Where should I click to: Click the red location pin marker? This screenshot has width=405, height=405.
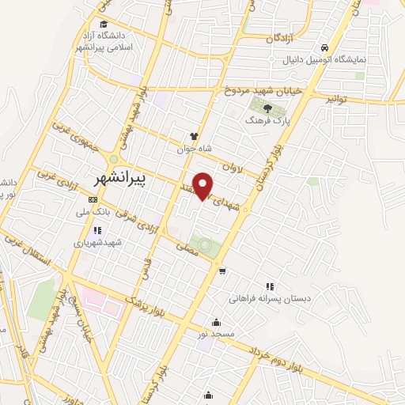204,185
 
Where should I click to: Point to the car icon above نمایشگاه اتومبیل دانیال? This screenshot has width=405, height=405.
325,45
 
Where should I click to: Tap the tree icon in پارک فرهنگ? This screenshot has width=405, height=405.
267,110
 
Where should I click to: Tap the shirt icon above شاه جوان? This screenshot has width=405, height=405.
194,135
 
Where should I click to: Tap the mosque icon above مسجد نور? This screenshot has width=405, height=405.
216,322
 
